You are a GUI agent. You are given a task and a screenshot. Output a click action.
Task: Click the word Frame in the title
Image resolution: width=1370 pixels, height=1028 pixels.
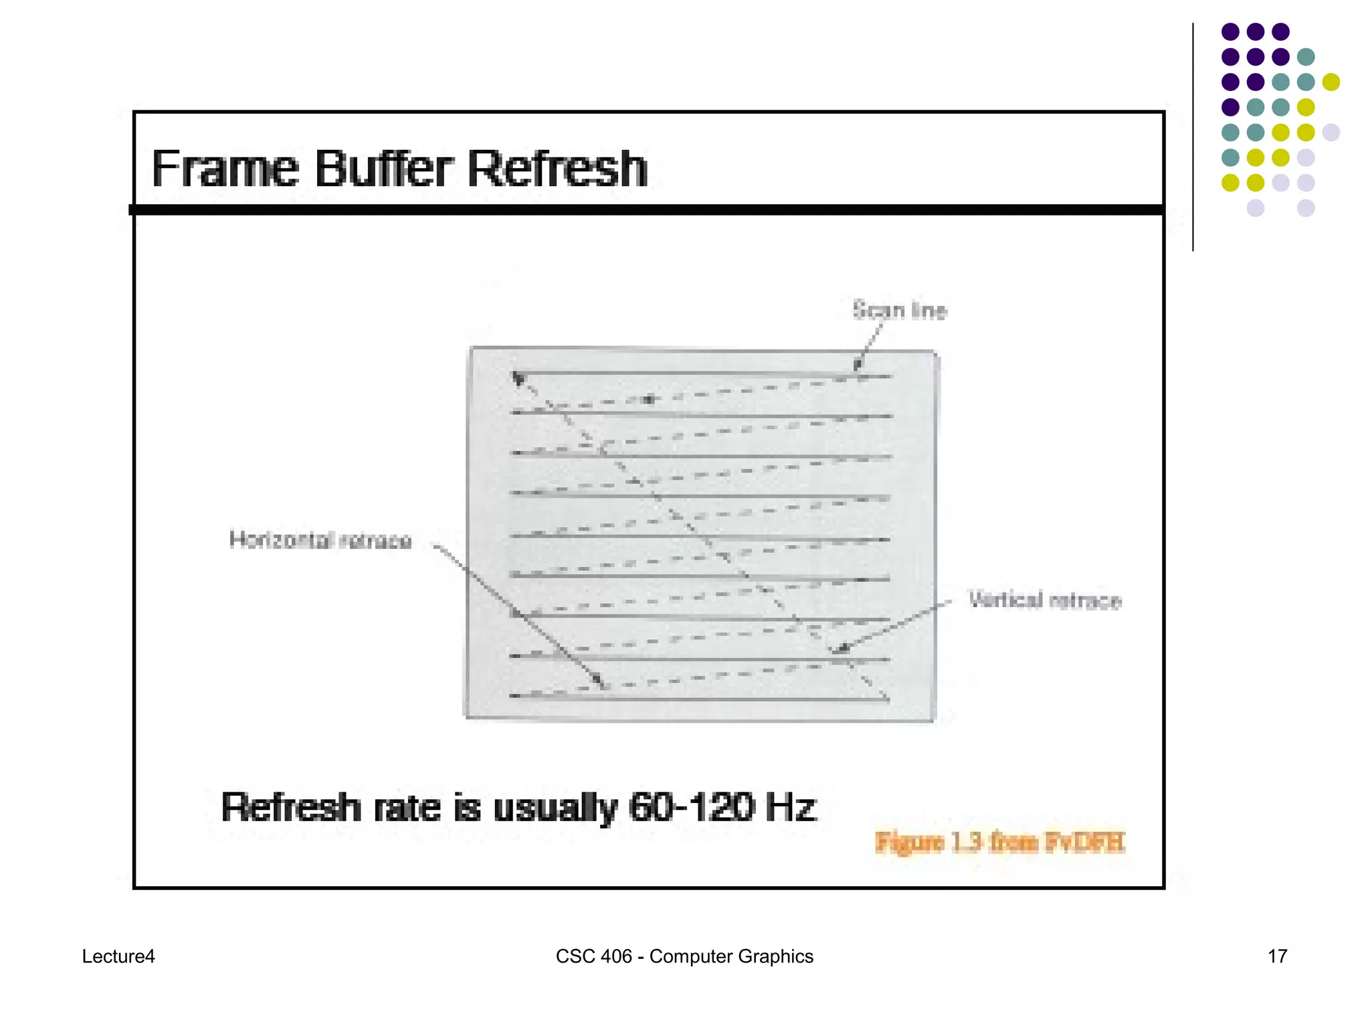click(x=225, y=169)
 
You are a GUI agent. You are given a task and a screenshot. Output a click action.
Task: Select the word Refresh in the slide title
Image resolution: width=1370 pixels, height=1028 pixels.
click(x=557, y=169)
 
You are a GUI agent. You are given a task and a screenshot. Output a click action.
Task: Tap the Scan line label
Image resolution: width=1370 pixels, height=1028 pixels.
click(x=900, y=311)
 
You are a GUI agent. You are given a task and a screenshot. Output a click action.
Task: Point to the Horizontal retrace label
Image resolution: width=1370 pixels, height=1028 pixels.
click(x=320, y=540)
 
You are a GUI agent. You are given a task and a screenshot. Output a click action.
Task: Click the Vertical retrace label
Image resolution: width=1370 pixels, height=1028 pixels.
click(x=1045, y=600)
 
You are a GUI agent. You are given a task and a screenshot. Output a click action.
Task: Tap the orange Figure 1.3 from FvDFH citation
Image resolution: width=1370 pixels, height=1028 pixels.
click(x=1000, y=842)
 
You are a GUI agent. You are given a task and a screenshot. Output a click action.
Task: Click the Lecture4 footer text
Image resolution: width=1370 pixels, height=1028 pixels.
click(x=118, y=956)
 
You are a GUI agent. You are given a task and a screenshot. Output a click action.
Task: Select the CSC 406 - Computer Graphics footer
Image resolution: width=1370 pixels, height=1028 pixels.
click(x=684, y=956)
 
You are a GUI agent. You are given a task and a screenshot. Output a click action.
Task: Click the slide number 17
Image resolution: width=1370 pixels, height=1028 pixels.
click(x=1277, y=956)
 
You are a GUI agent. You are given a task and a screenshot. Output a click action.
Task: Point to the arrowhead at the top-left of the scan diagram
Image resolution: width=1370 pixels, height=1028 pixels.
click(x=517, y=378)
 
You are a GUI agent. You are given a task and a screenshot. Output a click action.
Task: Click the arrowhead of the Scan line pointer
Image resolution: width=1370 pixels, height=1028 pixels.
click(x=857, y=366)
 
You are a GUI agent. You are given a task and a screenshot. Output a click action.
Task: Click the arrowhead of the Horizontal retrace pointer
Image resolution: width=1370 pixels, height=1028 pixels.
click(x=600, y=683)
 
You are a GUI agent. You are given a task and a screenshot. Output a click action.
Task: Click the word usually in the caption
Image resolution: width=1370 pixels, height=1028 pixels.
click(x=555, y=807)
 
